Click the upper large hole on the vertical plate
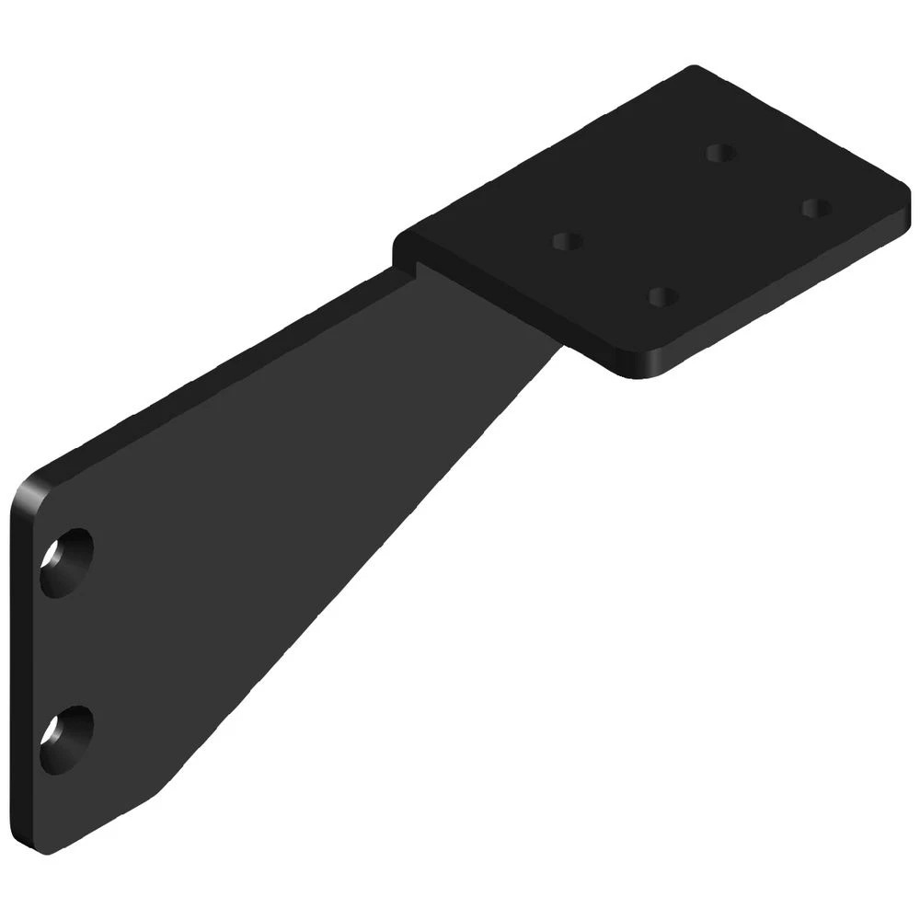click(x=66, y=562)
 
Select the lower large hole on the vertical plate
click(x=66, y=739)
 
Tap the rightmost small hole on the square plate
click(x=815, y=208)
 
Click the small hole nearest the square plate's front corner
click(x=662, y=297)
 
